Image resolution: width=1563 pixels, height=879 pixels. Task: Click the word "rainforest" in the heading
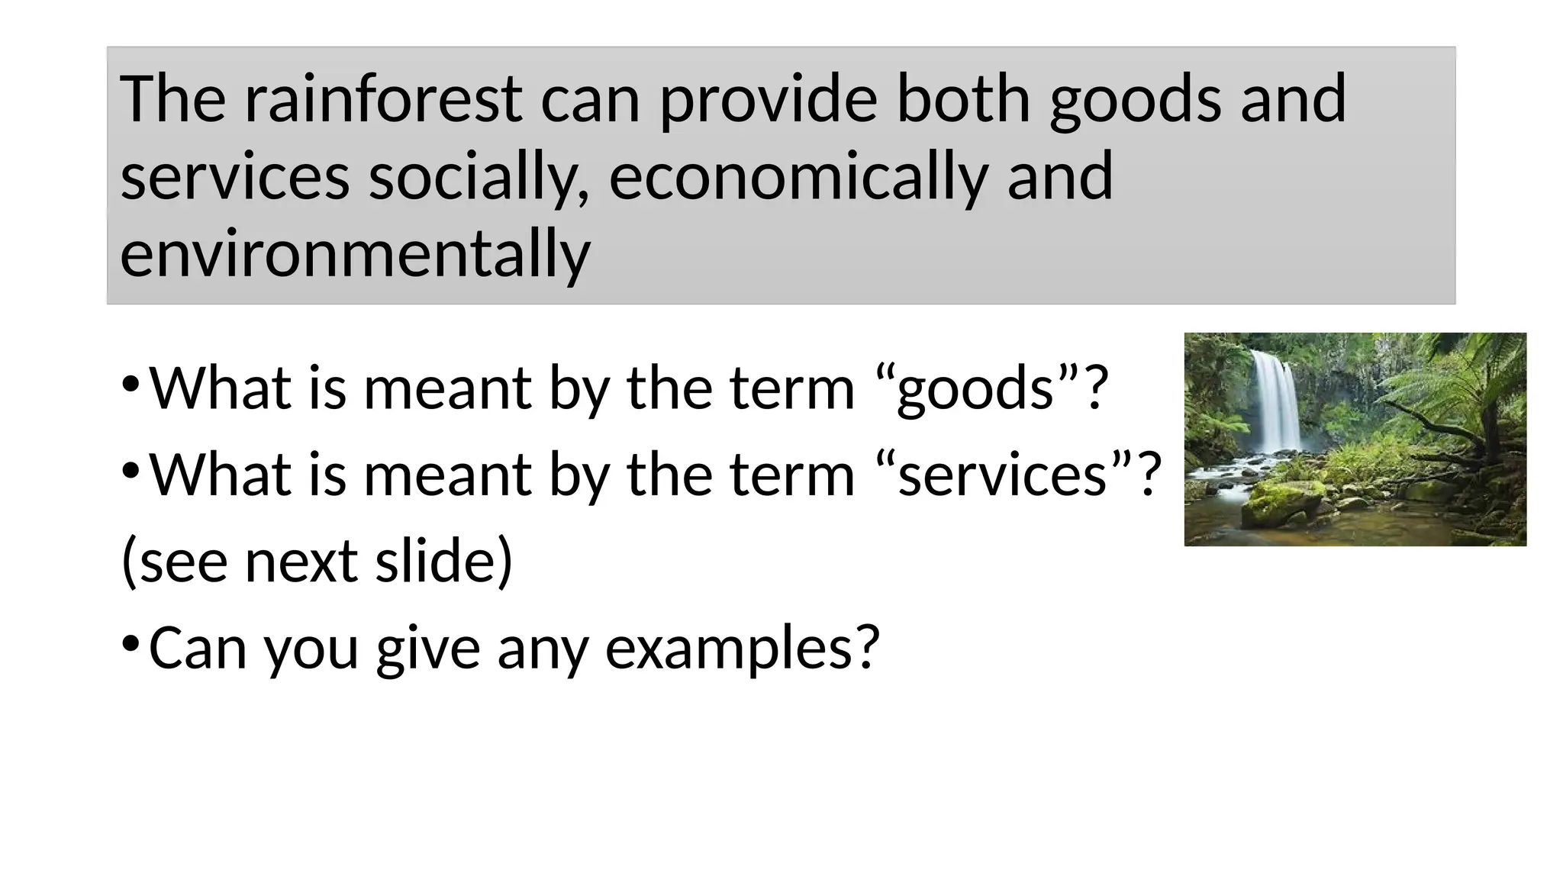(383, 99)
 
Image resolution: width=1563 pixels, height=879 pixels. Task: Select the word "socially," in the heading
(479, 177)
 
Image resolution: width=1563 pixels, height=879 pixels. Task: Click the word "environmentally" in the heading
(355, 254)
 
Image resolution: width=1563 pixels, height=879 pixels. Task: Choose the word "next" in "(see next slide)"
(301, 562)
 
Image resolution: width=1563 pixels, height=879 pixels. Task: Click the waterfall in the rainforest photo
(1275, 401)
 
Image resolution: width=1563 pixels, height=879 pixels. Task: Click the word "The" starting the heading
(172, 99)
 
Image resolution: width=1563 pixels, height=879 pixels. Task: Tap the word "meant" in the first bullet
(447, 389)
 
